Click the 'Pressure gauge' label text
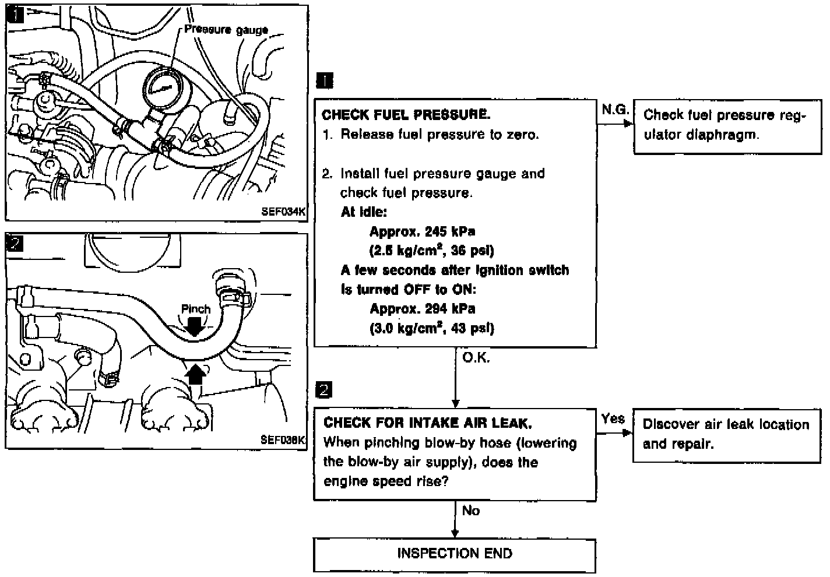click(x=226, y=30)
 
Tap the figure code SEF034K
click(x=283, y=212)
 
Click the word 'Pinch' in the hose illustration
click(x=195, y=309)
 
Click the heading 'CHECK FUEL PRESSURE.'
click(x=406, y=115)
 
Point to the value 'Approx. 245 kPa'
click(x=422, y=231)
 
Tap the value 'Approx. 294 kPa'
click(x=422, y=309)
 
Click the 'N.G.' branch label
click(x=614, y=109)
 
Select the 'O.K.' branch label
click(x=476, y=358)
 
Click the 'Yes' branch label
click(x=613, y=418)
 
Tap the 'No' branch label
click(x=470, y=511)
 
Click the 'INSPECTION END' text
click(x=455, y=553)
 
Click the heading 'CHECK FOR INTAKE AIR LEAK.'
click(x=427, y=423)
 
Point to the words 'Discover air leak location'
click(x=726, y=425)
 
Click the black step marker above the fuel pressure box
click(x=324, y=81)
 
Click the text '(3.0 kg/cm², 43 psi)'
click(x=431, y=328)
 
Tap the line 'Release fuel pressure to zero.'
click(x=439, y=135)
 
